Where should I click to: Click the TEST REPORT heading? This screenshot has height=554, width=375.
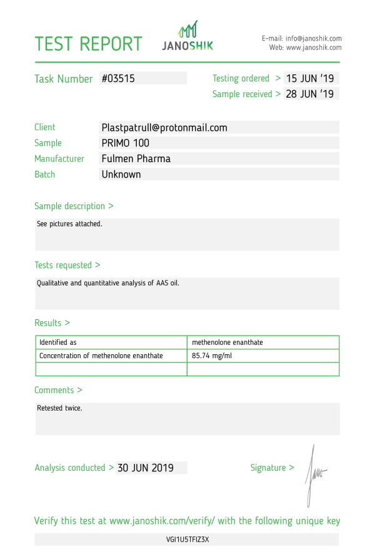pyautogui.click(x=88, y=44)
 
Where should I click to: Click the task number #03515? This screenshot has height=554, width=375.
pyautogui.click(x=118, y=79)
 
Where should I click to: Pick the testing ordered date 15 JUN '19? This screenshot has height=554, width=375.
pyautogui.click(x=310, y=79)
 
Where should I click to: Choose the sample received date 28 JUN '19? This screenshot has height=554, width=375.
pyautogui.click(x=310, y=95)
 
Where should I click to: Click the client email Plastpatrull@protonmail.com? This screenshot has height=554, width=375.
pyautogui.click(x=164, y=128)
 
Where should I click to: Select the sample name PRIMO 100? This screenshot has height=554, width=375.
pyautogui.click(x=125, y=143)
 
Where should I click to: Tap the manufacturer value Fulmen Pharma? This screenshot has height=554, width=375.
pyautogui.click(x=136, y=159)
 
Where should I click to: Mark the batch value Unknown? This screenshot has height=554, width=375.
pyautogui.click(x=121, y=175)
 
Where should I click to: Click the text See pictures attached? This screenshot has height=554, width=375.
pyautogui.click(x=69, y=223)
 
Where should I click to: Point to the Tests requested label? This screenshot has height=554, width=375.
pyautogui.click(x=67, y=265)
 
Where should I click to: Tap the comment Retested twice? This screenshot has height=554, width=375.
pyautogui.click(x=59, y=408)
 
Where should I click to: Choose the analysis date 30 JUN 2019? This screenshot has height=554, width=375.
pyautogui.click(x=145, y=468)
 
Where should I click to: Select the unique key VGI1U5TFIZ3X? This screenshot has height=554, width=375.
pyautogui.click(x=187, y=539)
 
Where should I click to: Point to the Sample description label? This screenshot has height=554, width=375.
pyautogui.click(x=74, y=206)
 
